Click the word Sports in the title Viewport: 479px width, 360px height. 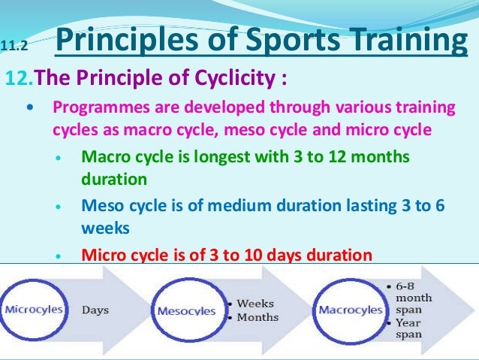(275, 41)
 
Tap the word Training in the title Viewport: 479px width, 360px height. (402, 41)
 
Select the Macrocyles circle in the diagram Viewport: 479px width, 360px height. (347, 309)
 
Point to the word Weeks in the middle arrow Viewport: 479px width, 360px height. (255, 303)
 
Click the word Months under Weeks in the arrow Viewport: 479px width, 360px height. (258, 317)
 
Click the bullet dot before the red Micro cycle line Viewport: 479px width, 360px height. (59, 256)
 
